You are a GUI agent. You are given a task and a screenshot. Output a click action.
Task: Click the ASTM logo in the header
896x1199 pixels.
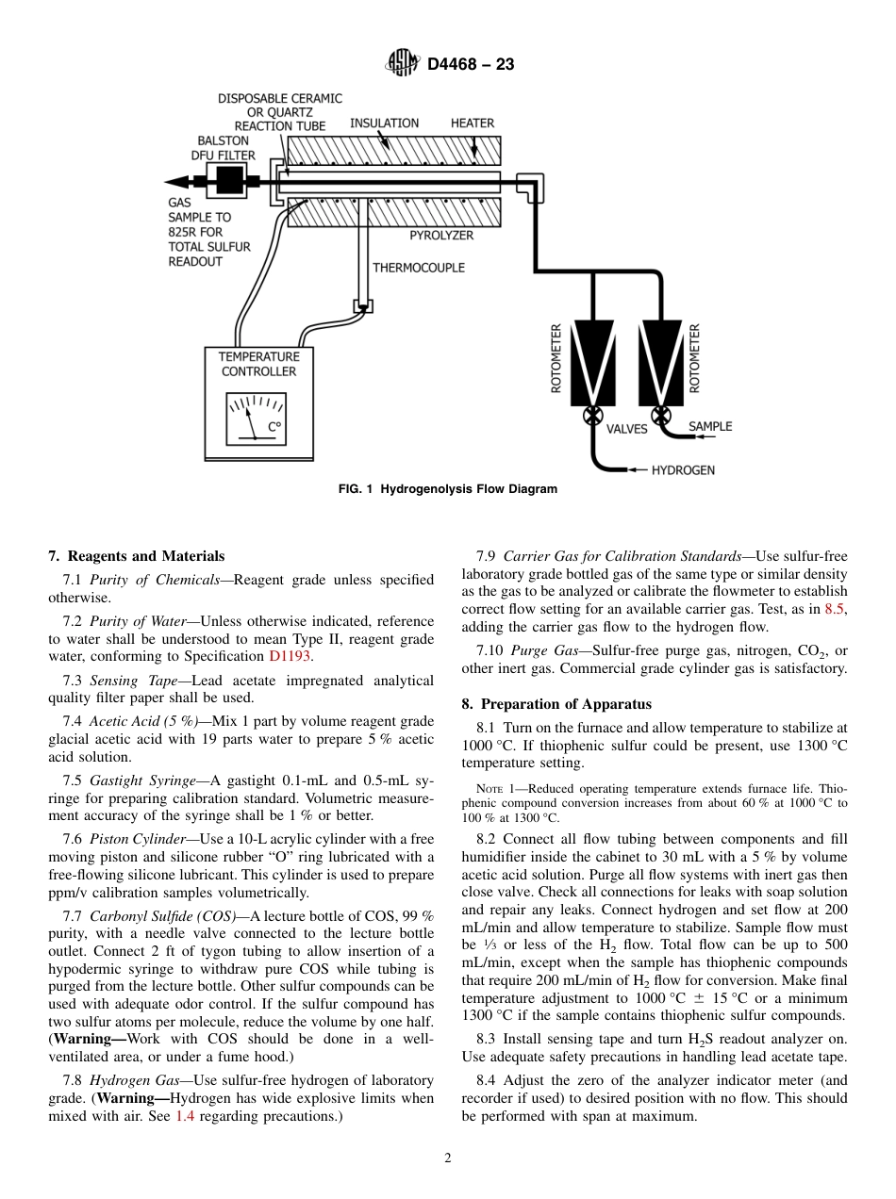tap(403, 63)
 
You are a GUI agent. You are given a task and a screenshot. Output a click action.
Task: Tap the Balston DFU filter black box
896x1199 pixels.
tap(229, 181)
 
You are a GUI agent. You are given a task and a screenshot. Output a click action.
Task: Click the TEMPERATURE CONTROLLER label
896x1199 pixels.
tap(258, 364)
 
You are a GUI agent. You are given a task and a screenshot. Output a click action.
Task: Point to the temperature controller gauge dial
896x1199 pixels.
tap(256, 418)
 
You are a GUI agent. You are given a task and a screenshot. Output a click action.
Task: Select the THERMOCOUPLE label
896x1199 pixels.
tap(419, 268)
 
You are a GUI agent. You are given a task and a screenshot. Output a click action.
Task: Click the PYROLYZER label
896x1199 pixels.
tap(440, 235)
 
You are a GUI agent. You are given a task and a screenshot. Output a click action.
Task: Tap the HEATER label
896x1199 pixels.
tap(472, 123)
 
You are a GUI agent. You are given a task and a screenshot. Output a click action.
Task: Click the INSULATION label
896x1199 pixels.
tap(384, 123)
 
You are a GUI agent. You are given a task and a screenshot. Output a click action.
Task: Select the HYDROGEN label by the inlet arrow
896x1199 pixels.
tap(683, 469)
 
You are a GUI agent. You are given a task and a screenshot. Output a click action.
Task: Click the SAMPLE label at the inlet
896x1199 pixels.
tap(709, 427)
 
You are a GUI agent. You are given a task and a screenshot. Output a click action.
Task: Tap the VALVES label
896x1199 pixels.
tap(626, 429)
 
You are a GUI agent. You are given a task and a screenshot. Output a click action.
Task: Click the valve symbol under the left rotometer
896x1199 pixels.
tap(593, 415)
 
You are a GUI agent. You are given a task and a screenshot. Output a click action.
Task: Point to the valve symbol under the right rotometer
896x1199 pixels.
tap(661, 415)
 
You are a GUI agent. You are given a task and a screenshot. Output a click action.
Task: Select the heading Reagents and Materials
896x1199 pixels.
tap(137, 556)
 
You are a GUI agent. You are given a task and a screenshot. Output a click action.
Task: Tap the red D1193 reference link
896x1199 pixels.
tap(290, 657)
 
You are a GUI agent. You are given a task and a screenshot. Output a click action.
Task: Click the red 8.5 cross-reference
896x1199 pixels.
tap(835, 610)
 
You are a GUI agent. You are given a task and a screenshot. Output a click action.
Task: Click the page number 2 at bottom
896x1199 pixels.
tap(448, 1158)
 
